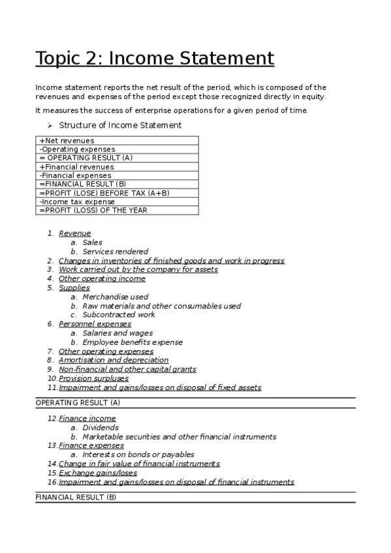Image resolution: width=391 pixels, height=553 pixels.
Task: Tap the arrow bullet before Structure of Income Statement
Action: [x=50, y=125]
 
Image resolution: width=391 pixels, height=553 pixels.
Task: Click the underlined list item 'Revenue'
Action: [x=74, y=233]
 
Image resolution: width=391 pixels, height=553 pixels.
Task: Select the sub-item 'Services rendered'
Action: [x=116, y=251]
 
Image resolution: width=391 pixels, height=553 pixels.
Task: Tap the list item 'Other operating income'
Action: [x=102, y=278]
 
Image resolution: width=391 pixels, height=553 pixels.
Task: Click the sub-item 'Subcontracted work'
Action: [x=119, y=314]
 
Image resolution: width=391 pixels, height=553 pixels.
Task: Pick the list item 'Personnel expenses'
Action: [x=95, y=323]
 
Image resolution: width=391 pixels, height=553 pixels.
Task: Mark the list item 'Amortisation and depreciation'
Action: [x=114, y=360]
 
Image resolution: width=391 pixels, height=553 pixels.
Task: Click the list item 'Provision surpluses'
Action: [x=93, y=378]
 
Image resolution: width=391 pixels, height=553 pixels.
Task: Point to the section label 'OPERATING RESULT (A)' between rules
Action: [x=78, y=403]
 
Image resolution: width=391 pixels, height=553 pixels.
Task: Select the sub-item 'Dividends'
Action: [x=101, y=428]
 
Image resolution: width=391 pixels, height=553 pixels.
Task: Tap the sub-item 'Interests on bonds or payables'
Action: [x=138, y=455]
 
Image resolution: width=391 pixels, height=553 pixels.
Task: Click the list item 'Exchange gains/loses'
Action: [x=98, y=473]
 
